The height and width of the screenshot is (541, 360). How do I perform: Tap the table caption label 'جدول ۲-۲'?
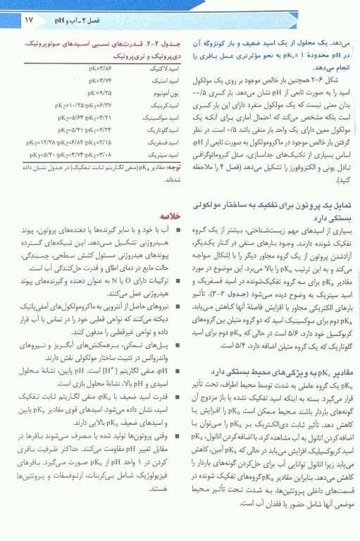(x=159, y=44)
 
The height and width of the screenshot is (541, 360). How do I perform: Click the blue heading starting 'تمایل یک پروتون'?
(x=303, y=204)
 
